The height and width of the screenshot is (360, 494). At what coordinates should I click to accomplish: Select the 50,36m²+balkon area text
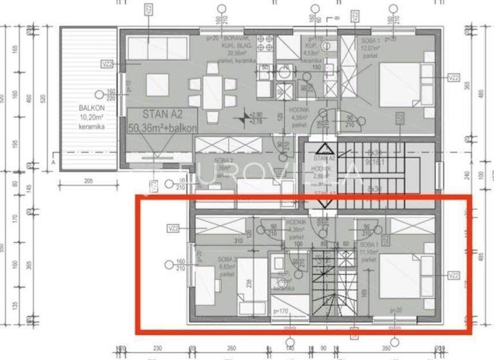163,127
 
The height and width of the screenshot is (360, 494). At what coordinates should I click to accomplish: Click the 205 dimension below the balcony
88,182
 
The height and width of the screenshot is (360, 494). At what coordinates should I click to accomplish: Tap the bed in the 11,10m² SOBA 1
401,274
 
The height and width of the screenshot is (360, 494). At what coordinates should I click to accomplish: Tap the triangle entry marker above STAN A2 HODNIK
323,148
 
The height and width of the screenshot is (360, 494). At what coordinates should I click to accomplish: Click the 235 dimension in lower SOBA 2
248,280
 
